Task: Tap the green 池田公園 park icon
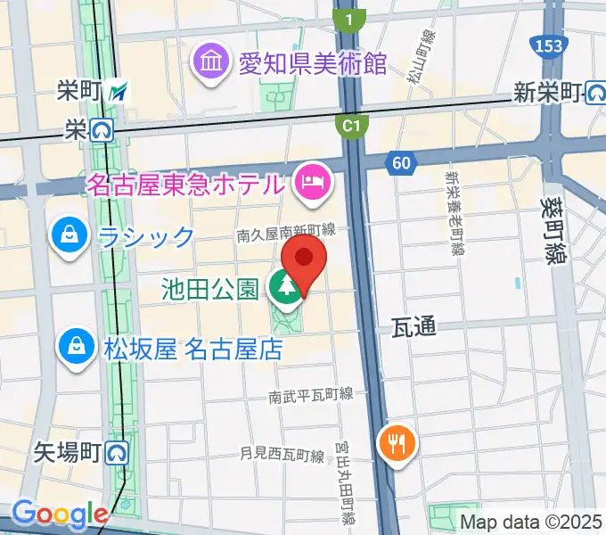286,288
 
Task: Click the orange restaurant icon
395,440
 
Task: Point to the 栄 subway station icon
102,131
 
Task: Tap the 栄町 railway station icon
119,90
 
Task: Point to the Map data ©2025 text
530,523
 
